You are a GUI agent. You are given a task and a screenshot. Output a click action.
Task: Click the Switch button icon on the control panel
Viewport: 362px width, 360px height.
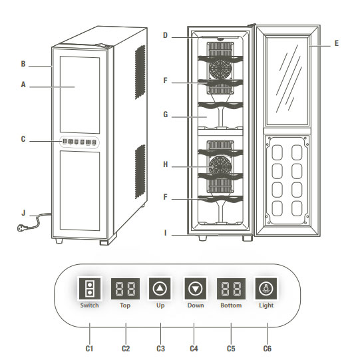coord(90,288)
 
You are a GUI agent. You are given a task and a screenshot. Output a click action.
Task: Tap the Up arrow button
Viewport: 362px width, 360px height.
coord(160,288)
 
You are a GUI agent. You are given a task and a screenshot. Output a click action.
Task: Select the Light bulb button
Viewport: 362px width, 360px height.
coord(266,288)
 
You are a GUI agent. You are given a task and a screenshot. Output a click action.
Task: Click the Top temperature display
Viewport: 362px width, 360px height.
coord(125,289)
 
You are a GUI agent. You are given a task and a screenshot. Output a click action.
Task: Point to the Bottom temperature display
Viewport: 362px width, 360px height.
coord(231,289)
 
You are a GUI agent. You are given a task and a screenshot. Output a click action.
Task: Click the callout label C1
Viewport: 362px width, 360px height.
coord(89,349)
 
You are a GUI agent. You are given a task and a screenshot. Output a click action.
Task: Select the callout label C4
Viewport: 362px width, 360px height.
coord(194,349)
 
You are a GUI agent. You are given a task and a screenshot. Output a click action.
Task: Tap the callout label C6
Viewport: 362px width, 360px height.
coord(268,349)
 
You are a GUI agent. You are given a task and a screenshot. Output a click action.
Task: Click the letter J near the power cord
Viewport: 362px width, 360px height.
coord(23,213)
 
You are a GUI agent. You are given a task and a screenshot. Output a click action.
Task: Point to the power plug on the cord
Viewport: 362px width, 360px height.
coord(22,228)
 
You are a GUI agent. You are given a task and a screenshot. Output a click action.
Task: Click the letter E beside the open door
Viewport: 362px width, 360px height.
coord(337,43)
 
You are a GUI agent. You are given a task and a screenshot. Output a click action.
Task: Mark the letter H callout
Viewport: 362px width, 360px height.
coord(166,164)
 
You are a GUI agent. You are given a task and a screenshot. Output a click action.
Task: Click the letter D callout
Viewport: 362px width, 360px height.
coord(165,35)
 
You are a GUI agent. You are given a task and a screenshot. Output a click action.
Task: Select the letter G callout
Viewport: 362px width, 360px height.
coord(166,114)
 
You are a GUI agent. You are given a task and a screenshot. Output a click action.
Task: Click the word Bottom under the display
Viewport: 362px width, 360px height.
coord(231,305)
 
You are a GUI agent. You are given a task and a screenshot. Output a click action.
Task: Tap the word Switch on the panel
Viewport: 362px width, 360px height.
coord(89,305)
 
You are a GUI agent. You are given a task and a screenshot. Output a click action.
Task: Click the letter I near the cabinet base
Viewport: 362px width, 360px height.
coord(165,233)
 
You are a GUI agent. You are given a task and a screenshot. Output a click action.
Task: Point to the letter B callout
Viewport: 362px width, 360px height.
coord(23,64)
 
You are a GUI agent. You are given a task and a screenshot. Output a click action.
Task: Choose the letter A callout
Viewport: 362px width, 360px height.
coord(23,85)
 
